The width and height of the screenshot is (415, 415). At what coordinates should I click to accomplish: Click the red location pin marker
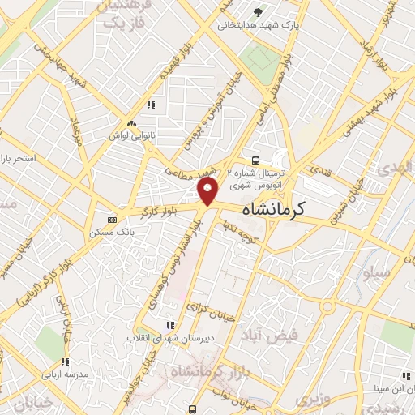point(208,191)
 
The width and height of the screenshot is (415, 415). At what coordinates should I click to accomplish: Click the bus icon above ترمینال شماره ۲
point(255,160)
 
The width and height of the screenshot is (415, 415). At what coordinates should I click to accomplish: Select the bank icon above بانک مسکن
point(112,219)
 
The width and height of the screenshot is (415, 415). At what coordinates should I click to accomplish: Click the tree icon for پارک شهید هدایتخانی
point(259,11)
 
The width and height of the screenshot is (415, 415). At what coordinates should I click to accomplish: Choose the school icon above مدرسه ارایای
point(64,362)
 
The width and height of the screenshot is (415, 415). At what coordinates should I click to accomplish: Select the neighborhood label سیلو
point(378,273)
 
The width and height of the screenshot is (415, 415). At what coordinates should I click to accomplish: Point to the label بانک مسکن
point(113,232)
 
